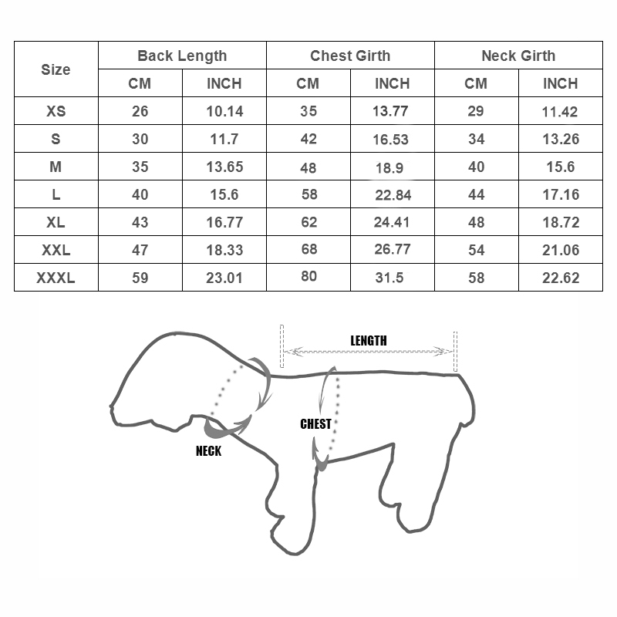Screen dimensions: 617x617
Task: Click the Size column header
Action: [x=56, y=69]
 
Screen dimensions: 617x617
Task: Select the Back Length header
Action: [x=182, y=56]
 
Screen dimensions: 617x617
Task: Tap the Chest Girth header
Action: [x=350, y=56]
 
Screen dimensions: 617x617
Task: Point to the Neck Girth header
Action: [x=518, y=56]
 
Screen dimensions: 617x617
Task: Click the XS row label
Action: [x=56, y=111]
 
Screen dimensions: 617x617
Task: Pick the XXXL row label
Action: [x=56, y=278]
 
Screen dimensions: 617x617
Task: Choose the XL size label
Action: [x=56, y=222]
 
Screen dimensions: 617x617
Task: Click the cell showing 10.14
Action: [x=224, y=111]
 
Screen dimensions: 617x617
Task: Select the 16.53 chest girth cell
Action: [x=390, y=140]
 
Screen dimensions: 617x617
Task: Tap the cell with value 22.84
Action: [x=393, y=195]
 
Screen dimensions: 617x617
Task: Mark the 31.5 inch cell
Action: [x=389, y=278]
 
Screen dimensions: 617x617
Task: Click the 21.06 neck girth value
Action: [x=561, y=250]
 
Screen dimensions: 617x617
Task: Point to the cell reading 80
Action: [x=308, y=276]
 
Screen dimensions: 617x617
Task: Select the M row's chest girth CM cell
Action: [x=308, y=167]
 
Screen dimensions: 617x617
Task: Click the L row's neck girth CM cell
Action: [x=477, y=194]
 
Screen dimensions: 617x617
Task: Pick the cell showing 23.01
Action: [x=224, y=278]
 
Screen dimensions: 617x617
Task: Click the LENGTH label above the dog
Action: [x=369, y=341]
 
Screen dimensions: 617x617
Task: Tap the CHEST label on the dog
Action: [x=315, y=423]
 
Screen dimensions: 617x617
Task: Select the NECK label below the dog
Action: [x=208, y=451]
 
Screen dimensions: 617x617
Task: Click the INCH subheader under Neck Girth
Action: [x=560, y=83]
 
